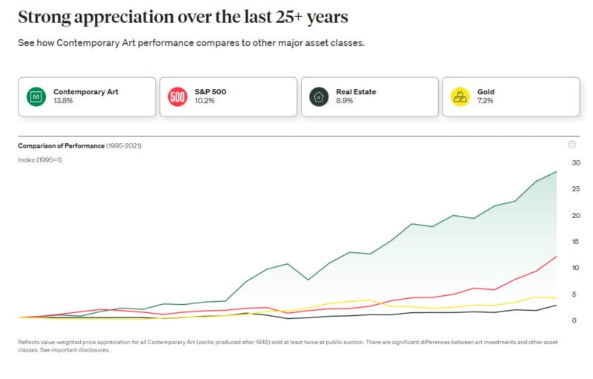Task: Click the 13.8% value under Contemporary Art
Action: (x=63, y=101)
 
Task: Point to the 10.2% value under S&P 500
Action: (x=204, y=101)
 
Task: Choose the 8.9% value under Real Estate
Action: (x=345, y=101)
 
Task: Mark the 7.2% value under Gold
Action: (x=486, y=101)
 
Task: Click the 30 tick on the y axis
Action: (x=575, y=162)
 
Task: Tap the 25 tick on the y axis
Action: (x=575, y=189)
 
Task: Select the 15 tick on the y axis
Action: (x=575, y=242)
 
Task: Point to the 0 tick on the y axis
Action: (x=574, y=320)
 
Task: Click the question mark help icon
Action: (x=572, y=145)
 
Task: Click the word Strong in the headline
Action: (x=44, y=17)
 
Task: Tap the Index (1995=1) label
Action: (x=40, y=160)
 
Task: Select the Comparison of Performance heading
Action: (x=61, y=146)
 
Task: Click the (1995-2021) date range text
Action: (x=123, y=146)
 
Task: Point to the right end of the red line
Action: (x=557, y=257)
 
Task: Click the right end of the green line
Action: (x=557, y=172)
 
